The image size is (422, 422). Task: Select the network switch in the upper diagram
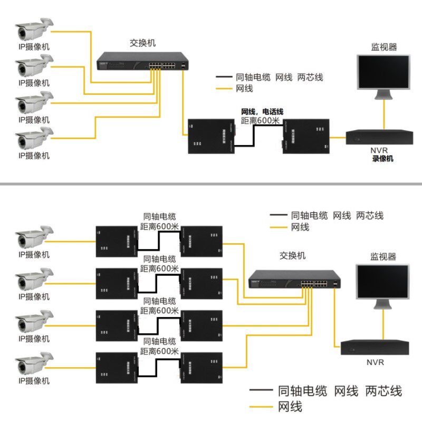(142, 62)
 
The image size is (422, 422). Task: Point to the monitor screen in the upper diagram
(383, 71)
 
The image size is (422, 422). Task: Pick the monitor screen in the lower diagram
(382, 283)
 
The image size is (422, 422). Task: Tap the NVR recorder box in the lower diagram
(374, 347)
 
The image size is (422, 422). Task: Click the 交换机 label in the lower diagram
(292, 256)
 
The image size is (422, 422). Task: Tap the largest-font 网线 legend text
(290, 407)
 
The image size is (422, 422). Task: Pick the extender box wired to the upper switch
(211, 136)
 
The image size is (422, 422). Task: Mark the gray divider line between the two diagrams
(211, 184)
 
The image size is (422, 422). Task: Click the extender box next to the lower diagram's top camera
(117, 241)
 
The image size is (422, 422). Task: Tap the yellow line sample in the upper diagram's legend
(224, 89)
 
